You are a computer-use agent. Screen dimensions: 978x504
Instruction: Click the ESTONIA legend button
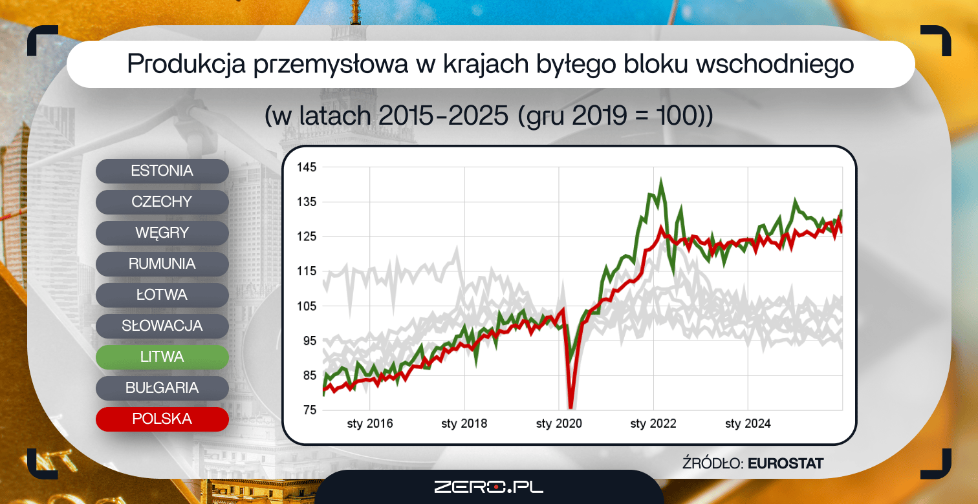pyautogui.click(x=162, y=171)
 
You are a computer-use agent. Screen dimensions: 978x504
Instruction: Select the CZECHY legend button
pyautogui.click(x=162, y=202)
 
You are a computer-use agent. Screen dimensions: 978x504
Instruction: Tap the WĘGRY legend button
pyautogui.click(x=162, y=233)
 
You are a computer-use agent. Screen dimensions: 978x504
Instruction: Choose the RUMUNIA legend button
pyautogui.click(x=162, y=264)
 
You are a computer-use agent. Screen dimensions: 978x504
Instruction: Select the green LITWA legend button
pyautogui.click(x=162, y=357)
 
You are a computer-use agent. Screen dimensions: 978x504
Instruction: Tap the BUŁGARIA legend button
pyautogui.click(x=162, y=388)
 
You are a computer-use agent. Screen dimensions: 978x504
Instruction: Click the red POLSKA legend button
pyautogui.click(x=162, y=419)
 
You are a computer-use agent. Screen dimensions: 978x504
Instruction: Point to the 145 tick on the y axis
pyautogui.click(x=307, y=167)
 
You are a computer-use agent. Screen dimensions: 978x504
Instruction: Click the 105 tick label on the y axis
pyautogui.click(x=307, y=306)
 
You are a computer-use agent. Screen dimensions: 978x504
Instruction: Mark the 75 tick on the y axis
pyautogui.click(x=310, y=410)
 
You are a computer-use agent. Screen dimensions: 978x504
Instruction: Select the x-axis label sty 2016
pyautogui.click(x=370, y=424)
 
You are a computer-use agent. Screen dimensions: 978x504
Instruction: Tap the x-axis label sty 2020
pyautogui.click(x=559, y=424)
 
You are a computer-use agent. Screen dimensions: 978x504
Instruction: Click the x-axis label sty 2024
pyautogui.click(x=748, y=424)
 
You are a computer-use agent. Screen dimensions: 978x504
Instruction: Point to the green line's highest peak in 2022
pyautogui.click(x=660, y=179)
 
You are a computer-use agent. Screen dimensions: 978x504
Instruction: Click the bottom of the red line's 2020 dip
pyautogui.click(x=570, y=407)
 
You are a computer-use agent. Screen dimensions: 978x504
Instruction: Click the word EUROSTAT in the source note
pyautogui.click(x=785, y=463)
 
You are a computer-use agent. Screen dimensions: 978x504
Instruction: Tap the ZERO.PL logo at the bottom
pyautogui.click(x=488, y=487)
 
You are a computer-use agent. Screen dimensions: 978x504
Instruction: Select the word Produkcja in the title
pyautogui.click(x=186, y=64)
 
